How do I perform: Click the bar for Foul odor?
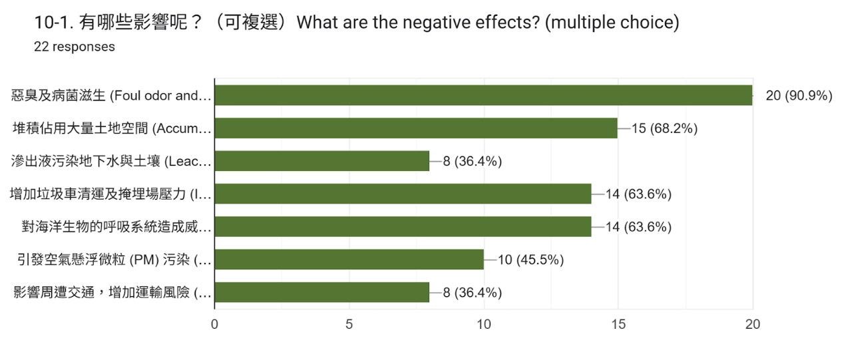(483, 95)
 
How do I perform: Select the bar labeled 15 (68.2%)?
(416, 128)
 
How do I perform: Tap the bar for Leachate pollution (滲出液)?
(322, 161)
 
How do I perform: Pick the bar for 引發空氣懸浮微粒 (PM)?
(349, 260)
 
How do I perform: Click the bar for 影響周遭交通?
(322, 292)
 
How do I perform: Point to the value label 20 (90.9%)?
(799, 96)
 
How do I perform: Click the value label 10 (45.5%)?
(530, 260)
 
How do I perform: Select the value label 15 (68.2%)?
(664, 128)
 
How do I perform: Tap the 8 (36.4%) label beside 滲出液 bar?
(472, 161)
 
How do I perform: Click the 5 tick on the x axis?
(349, 325)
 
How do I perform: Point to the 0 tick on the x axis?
(214, 325)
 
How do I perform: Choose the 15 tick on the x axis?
(618, 325)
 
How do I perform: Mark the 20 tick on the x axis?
(752, 325)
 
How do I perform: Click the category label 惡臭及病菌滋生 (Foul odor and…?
(112, 96)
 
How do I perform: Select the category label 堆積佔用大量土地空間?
(112, 128)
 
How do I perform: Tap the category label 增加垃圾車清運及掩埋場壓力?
(111, 194)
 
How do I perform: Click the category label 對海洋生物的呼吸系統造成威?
(117, 227)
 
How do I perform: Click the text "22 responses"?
(74, 47)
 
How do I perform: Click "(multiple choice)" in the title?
(612, 23)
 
